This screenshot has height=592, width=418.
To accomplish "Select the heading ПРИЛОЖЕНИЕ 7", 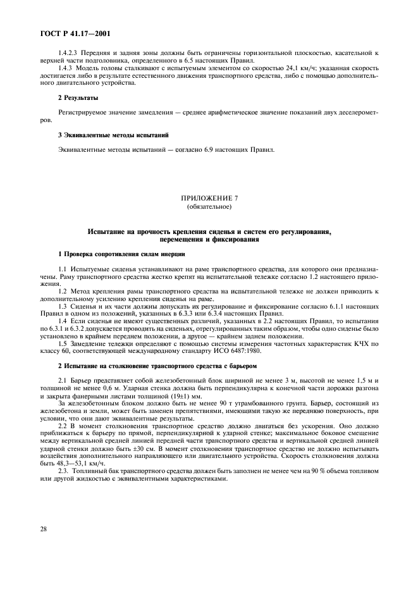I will point(209,199).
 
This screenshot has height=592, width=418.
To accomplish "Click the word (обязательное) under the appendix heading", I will point(209,207).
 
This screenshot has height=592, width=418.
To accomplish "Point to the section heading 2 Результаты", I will point(78,98).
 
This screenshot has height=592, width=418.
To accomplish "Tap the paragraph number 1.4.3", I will point(65,68).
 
